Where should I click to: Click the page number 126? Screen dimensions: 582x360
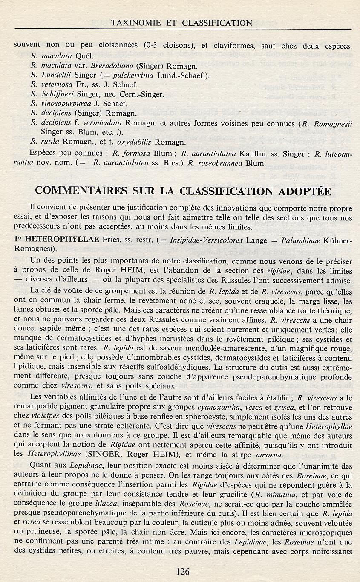[182, 572]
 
